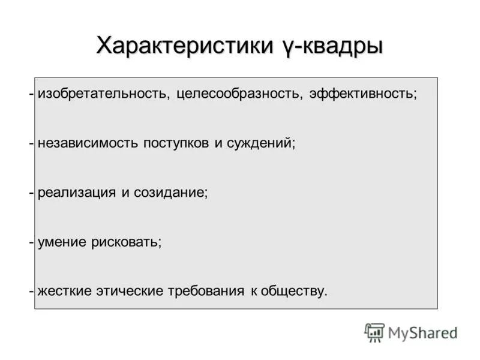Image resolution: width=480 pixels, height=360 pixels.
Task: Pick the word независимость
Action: click(x=88, y=144)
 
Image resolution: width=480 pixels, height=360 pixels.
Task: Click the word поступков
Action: click(x=173, y=144)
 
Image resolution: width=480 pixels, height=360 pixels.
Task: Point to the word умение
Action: click(x=62, y=242)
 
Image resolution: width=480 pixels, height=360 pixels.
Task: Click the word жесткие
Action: click(x=65, y=292)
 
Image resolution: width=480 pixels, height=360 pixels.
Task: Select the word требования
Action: click(x=212, y=292)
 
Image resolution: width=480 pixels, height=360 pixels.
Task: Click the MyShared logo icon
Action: click(x=374, y=332)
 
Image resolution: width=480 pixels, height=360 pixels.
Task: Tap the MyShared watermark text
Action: click(x=422, y=332)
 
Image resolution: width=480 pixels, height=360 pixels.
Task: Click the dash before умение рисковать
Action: click(x=31, y=243)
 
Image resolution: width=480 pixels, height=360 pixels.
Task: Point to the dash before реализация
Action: click(x=31, y=194)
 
